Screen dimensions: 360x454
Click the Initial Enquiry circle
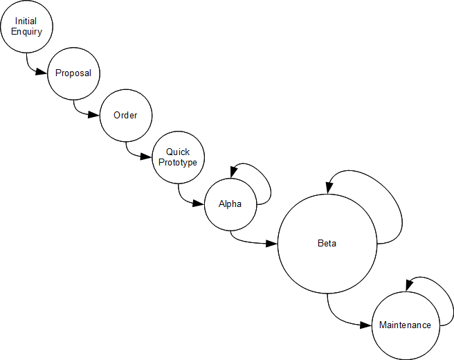(26, 26)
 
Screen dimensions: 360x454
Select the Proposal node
(73, 73)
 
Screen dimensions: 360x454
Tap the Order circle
(125, 115)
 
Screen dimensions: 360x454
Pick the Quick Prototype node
(178, 157)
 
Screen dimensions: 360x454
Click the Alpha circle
(230, 204)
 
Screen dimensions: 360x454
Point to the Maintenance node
(405, 325)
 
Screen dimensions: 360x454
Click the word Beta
(327, 244)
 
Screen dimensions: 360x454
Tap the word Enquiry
(26, 32)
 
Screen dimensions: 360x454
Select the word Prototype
(178, 163)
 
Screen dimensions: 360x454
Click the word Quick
(178, 152)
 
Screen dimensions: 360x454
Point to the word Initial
(26, 21)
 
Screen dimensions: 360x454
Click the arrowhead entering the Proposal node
(42, 73)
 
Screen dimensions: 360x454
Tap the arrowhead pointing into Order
(95, 115)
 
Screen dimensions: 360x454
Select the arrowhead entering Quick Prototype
(147, 157)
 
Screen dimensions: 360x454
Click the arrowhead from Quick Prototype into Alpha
(199, 204)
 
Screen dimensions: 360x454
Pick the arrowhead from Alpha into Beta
(272, 244)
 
